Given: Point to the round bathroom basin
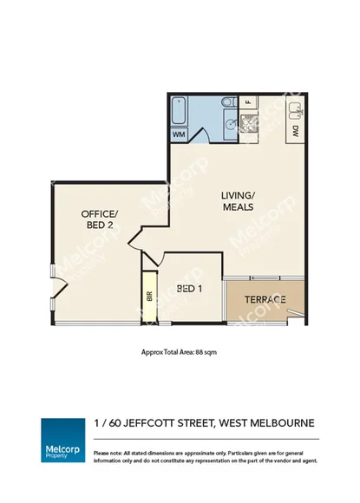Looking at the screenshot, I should pos(231,124).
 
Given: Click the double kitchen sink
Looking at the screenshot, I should pos(298,110).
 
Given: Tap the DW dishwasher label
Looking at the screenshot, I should pos(296,132).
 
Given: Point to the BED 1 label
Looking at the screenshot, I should pos(189,289).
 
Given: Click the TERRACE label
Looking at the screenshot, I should pos(265,299).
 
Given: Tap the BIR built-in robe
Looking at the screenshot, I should pos(149,297).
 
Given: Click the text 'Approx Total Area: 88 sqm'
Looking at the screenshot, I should pos(180,353).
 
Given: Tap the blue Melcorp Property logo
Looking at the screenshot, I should pos(62,438).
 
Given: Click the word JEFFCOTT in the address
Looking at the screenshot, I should pos(152,423).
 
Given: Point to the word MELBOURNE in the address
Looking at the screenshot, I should pos(281,423).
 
